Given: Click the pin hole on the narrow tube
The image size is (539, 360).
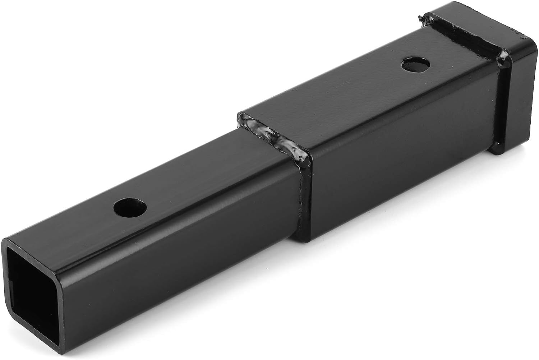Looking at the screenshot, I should pos(130,208).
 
